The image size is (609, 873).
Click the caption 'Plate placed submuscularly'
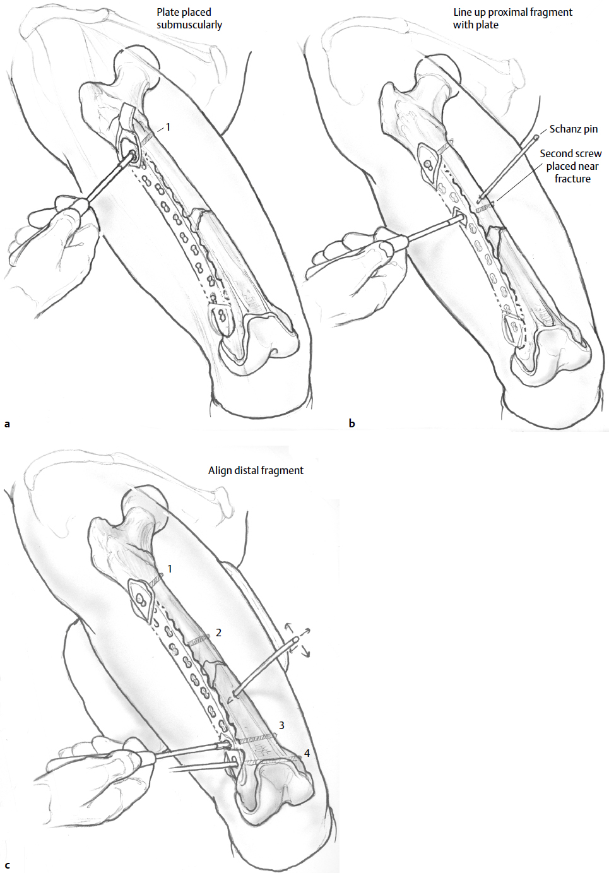(x=189, y=18)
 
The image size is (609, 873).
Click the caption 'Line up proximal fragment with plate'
(x=512, y=18)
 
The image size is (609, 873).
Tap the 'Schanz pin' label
(x=573, y=129)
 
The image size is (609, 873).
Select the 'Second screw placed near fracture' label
(x=571, y=166)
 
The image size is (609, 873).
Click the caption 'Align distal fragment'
(x=256, y=470)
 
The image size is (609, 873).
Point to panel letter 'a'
(x=8, y=424)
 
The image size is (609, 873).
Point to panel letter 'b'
(x=352, y=424)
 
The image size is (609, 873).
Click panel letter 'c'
(x=8, y=865)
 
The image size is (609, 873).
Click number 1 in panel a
(x=168, y=128)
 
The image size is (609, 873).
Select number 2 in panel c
(x=218, y=632)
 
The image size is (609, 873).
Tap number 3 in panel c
(x=281, y=726)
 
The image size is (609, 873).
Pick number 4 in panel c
(x=307, y=753)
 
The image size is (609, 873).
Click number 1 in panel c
(x=169, y=569)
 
